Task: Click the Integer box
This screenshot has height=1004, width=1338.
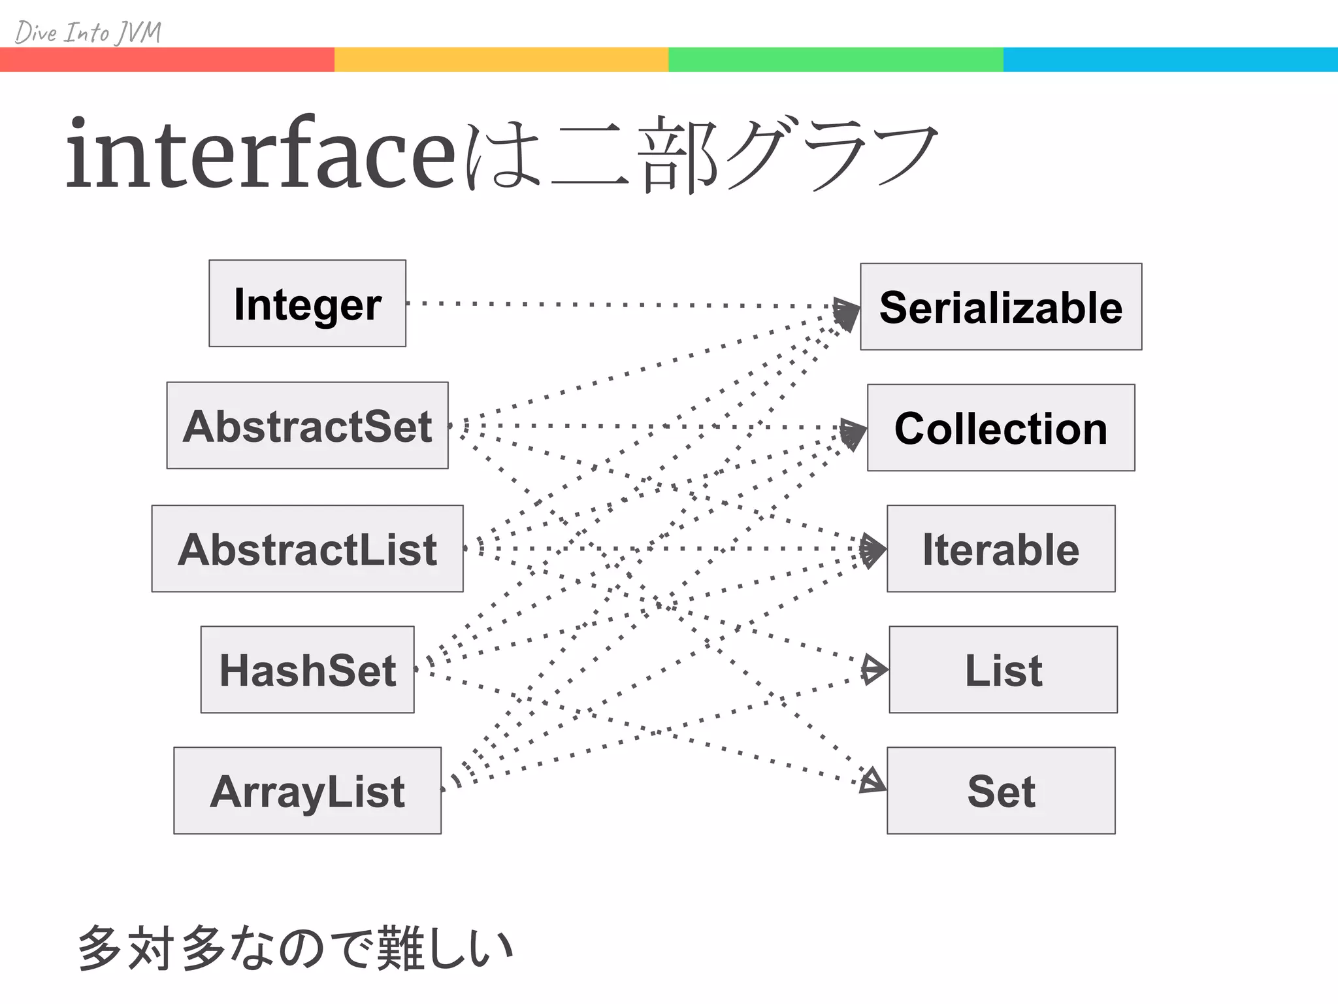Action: [x=307, y=303]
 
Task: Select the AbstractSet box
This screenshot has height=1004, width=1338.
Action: [x=307, y=426]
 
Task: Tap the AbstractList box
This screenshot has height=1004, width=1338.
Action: [x=307, y=548]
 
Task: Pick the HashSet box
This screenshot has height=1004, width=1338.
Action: [x=307, y=669]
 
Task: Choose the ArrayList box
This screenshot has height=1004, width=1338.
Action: [x=307, y=790]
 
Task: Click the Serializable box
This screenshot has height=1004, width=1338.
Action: [x=1001, y=307]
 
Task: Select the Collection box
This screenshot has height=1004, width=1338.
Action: [x=1001, y=427]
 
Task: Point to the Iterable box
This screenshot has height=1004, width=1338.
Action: [x=1001, y=548]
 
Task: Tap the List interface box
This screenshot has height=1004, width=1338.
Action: [x=1003, y=669]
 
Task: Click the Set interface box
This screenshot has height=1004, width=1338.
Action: [x=1001, y=790]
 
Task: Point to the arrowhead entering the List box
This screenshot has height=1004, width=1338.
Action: [x=874, y=669]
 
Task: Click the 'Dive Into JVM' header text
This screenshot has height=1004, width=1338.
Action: [x=88, y=32]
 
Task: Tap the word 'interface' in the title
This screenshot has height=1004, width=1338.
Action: [x=260, y=154]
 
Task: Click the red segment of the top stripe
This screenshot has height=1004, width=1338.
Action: [x=167, y=59]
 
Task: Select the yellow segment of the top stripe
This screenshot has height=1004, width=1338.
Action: [x=502, y=59]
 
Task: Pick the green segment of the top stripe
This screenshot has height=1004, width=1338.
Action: [x=836, y=59]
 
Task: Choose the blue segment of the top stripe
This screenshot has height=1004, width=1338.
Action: [x=1171, y=59]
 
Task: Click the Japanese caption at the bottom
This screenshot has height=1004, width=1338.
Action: [x=295, y=948]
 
